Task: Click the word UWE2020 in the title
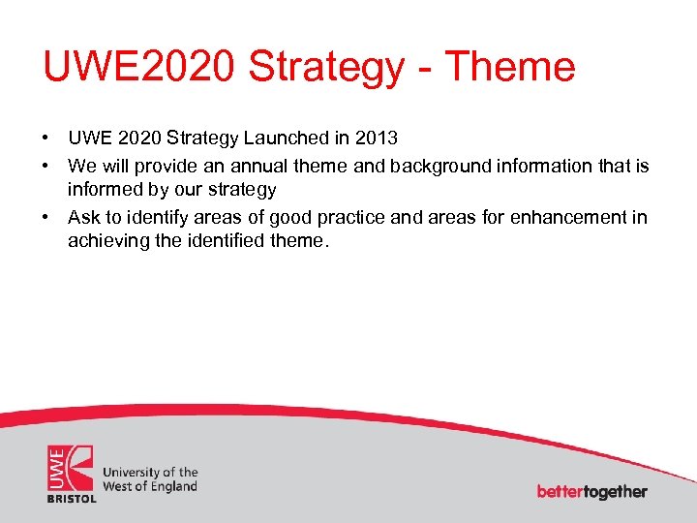tap(139, 67)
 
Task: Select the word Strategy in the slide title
tap(326, 67)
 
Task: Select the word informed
tap(104, 189)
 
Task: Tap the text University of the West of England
tap(150, 479)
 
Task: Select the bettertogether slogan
tap(591, 491)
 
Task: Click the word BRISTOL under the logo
tap(72, 498)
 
